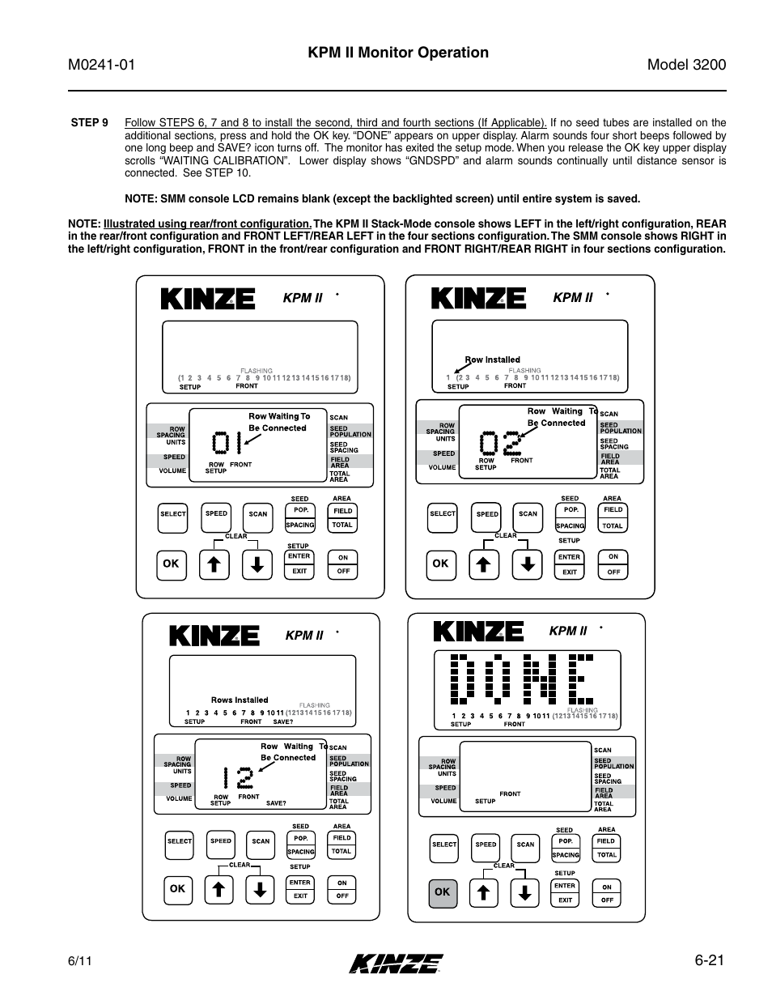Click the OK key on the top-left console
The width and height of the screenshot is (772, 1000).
coord(171,564)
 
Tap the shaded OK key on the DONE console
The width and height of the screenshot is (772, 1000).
coord(442,892)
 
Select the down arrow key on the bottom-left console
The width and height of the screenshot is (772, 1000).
coord(260,890)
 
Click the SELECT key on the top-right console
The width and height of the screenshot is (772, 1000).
coord(443,514)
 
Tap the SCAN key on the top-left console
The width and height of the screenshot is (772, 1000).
coord(258,514)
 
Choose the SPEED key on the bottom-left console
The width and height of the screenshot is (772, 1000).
coord(221,841)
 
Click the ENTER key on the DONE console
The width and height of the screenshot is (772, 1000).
coord(565,887)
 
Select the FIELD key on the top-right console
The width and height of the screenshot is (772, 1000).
coord(613,510)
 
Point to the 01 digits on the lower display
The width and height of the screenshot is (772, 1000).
coord(227,444)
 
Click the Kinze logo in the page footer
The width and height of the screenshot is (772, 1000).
coord(397,963)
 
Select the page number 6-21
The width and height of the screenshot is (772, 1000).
coord(710,961)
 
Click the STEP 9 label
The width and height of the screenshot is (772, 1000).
coord(89,123)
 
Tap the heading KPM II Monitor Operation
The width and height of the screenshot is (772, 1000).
coord(397,53)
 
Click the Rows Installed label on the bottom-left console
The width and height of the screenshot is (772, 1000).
coord(240,700)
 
